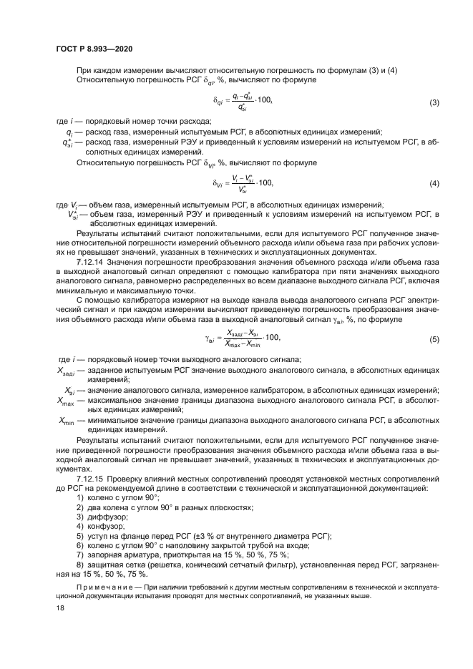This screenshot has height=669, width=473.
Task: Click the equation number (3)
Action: [433, 103]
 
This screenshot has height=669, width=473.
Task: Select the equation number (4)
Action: [433, 184]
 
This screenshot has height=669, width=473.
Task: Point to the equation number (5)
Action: [433, 338]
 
